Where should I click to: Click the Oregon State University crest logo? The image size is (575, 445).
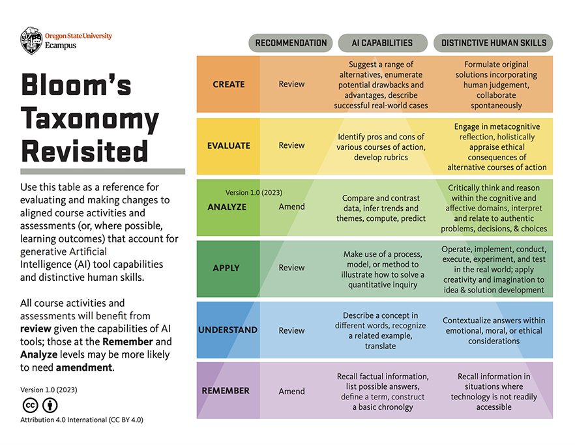[x=31, y=40]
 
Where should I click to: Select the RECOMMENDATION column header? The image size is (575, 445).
[x=291, y=43]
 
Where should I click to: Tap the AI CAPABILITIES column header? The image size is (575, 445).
[x=382, y=43]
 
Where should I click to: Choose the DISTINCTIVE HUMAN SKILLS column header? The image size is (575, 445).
[x=494, y=43]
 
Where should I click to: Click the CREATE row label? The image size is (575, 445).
[x=229, y=84]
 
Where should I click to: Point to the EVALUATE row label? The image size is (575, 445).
[x=229, y=145]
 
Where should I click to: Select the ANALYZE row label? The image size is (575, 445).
[x=228, y=207]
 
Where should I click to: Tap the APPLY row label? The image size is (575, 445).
[x=226, y=268]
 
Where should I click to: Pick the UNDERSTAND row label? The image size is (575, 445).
[x=228, y=330]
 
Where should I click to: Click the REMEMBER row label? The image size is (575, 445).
[x=226, y=391]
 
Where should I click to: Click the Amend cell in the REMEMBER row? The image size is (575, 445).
[x=291, y=392]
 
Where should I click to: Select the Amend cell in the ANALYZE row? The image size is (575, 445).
[x=291, y=207]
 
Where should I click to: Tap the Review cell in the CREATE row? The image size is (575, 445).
[x=291, y=84]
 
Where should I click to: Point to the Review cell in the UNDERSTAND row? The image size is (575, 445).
[x=291, y=330]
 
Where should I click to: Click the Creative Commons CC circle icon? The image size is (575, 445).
[x=29, y=405]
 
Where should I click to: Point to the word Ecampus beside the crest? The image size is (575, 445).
[x=61, y=46]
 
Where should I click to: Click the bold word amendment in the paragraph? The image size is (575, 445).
[x=85, y=367]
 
